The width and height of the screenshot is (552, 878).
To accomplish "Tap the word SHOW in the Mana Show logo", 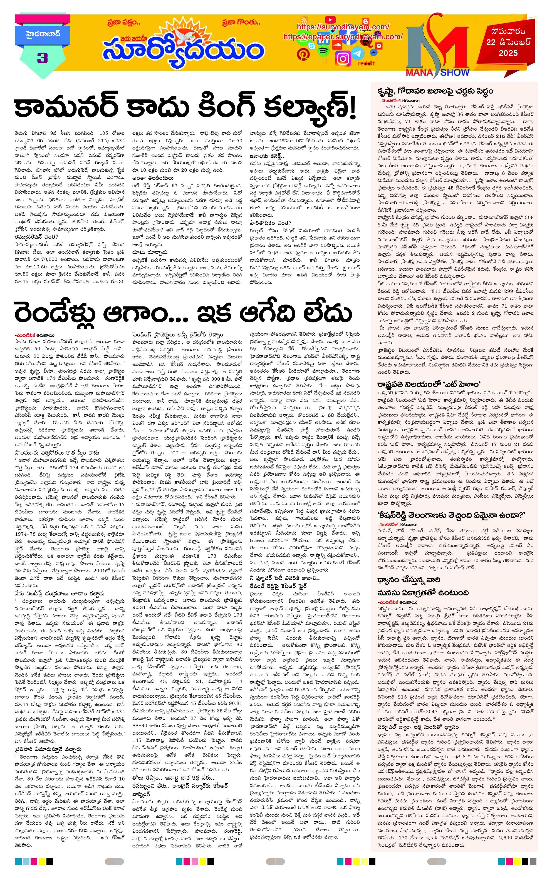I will (454, 72).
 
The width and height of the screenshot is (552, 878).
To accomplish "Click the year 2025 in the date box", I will (508, 53).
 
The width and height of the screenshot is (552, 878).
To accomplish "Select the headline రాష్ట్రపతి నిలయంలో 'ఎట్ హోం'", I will (429, 384).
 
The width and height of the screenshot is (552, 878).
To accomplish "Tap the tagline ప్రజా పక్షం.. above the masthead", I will (124, 22).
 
